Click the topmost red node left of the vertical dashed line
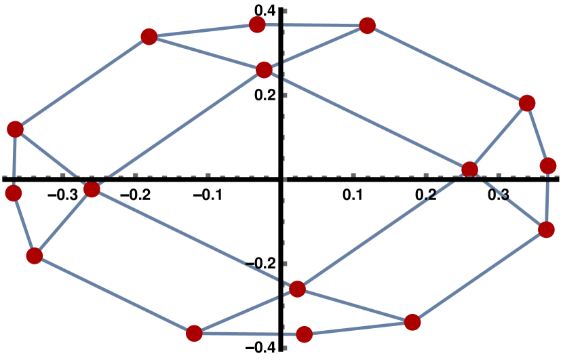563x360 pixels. (257, 25)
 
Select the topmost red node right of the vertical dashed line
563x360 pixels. (367, 26)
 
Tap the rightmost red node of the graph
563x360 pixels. (548, 166)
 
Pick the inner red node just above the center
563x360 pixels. (265, 70)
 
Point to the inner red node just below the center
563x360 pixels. (297, 289)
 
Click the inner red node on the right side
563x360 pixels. (469, 169)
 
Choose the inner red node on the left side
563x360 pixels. (92, 189)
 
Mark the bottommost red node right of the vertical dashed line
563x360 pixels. (304, 334)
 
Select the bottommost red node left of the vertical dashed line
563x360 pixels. (194, 333)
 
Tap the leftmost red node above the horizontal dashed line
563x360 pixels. (15, 129)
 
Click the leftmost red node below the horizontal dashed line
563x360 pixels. (14, 193)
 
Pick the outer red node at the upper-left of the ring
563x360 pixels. (149, 37)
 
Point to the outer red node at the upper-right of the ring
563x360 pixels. (527, 103)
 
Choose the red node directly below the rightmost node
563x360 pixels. (546, 230)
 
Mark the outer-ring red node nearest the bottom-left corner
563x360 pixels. (34, 256)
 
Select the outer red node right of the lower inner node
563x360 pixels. (412, 322)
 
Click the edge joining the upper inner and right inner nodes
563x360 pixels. (366, 119)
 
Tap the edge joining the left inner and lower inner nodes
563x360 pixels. (194, 239)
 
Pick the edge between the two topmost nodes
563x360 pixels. (312, 25)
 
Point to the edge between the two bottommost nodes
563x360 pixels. (249, 334)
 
